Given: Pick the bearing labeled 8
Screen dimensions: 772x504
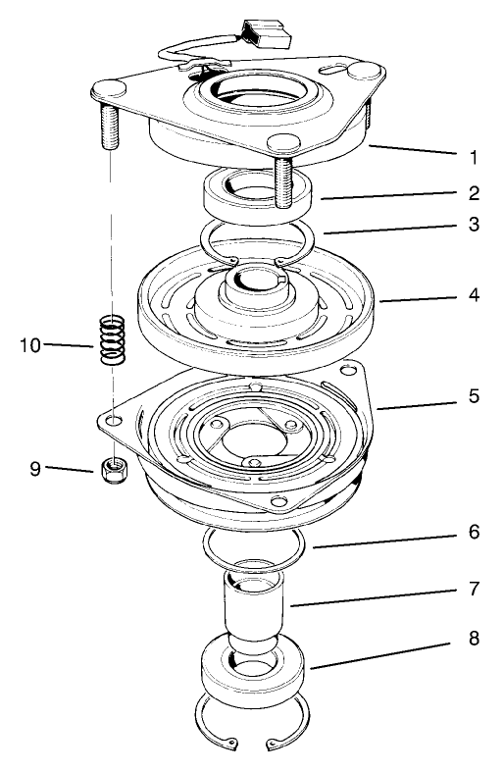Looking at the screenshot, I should point(256,677).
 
